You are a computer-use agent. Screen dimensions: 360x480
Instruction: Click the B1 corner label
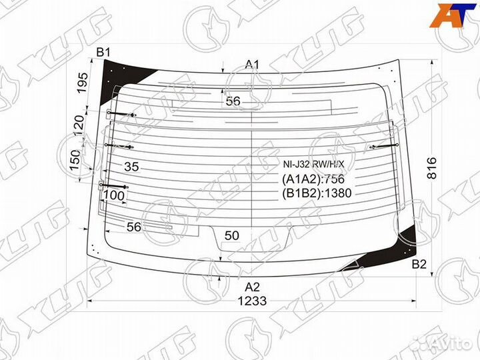click(x=104, y=52)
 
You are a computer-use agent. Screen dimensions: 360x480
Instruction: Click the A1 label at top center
click(x=252, y=64)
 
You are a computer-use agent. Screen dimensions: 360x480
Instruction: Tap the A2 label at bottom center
click(x=252, y=287)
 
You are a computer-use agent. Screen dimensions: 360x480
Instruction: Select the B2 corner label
click(x=419, y=265)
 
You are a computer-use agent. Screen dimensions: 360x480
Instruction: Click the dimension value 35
click(x=131, y=167)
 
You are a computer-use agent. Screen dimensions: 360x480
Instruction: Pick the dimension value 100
click(x=115, y=195)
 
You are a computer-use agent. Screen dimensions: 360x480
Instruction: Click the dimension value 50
click(x=231, y=235)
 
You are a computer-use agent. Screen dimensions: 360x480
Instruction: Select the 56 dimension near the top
click(x=233, y=101)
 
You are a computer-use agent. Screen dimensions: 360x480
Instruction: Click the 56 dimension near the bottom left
click(x=133, y=227)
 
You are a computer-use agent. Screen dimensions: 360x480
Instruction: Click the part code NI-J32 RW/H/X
click(x=314, y=164)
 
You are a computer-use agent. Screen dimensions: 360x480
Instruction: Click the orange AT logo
click(x=452, y=15)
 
